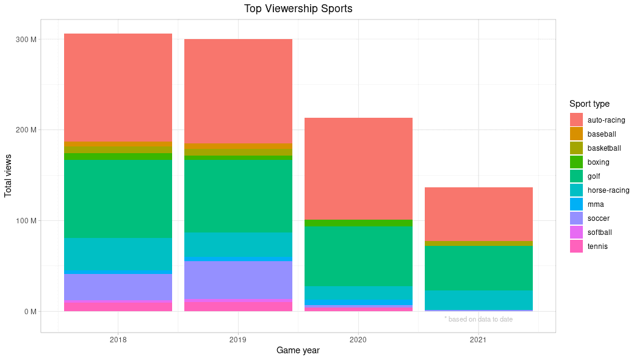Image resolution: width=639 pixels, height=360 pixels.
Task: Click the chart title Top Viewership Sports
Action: (x=298, y=9)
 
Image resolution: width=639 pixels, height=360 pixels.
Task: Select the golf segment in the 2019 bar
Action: (x=238, y=196)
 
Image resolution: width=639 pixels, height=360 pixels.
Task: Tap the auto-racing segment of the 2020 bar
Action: (x=358, y=168)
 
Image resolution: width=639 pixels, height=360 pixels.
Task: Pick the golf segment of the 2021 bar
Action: (x=478, y=268)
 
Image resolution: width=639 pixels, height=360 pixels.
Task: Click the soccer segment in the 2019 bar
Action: (x=238, y=279)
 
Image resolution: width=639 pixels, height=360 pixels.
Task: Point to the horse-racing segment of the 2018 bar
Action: (x=118, y=254)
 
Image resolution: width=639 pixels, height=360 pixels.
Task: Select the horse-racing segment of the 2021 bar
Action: (x=478, y=300)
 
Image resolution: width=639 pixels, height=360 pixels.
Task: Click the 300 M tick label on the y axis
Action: (x=26, y=40)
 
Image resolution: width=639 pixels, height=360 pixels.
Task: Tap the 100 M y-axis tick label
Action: (x=26, y=221)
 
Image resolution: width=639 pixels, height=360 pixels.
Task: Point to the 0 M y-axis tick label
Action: (x=30, y=312)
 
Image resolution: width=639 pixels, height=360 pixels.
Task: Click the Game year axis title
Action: (x=298, y=351)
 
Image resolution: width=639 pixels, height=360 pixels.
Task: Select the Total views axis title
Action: (x=9, y=176)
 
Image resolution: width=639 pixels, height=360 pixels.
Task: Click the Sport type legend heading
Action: (x=589, y=104)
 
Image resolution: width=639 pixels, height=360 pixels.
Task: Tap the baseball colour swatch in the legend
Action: (x=576, y=134)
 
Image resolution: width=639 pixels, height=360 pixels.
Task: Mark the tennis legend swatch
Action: (x=576, y=247)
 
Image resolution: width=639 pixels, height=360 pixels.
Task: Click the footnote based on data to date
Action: (x=478, y=319)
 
